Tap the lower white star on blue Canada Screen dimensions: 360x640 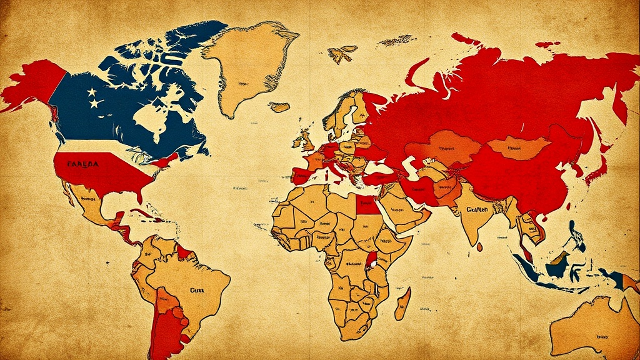(94, 104)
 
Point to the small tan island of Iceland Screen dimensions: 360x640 (279, 107)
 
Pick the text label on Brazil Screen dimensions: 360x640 (198, 290)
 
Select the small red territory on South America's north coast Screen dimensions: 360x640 (184, 252)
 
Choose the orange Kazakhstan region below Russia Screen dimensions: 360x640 (443, 150)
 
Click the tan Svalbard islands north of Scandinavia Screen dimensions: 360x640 (342, 54)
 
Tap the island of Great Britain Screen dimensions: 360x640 (307, 138)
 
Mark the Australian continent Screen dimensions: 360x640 (594, 325)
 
